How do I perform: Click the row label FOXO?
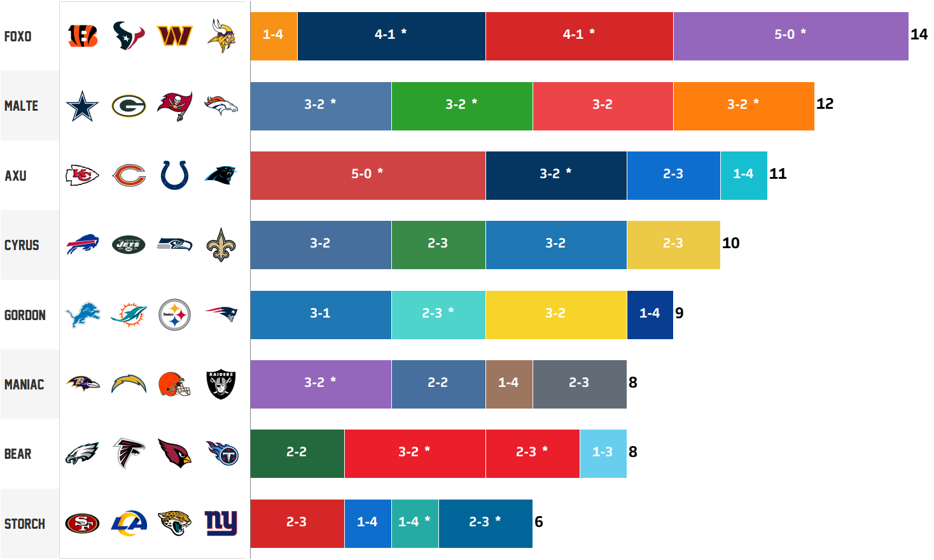tap(18, 36)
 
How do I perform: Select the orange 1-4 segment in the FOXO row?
tap(274, 36)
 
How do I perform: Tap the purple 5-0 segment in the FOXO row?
tap(790, 36)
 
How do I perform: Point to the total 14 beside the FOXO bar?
tap(919, 34)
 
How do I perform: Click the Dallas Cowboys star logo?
tap(83, 106)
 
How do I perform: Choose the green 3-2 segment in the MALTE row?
tap(462, 106)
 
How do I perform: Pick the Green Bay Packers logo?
tap(129, 106)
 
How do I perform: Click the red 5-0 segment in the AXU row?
tap(368, 175)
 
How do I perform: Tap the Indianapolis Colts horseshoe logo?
tap(174, 175)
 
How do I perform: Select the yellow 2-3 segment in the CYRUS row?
tap(673, 244)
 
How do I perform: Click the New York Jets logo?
tap(129, 244)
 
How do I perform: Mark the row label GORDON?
tap(25, 315)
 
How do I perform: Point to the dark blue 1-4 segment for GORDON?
tap(650, 314)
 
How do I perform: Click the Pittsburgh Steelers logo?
tap(174, 314)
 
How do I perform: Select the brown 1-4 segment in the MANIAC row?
tap(509, 384)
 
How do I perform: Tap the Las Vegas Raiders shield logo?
tap(221, 384)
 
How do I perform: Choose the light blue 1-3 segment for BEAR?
tap(603, 453)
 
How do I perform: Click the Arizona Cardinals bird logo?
tap(174, 453)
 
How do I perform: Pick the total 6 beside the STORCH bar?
tap(539, 522)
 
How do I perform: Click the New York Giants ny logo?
tap(221, 522)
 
